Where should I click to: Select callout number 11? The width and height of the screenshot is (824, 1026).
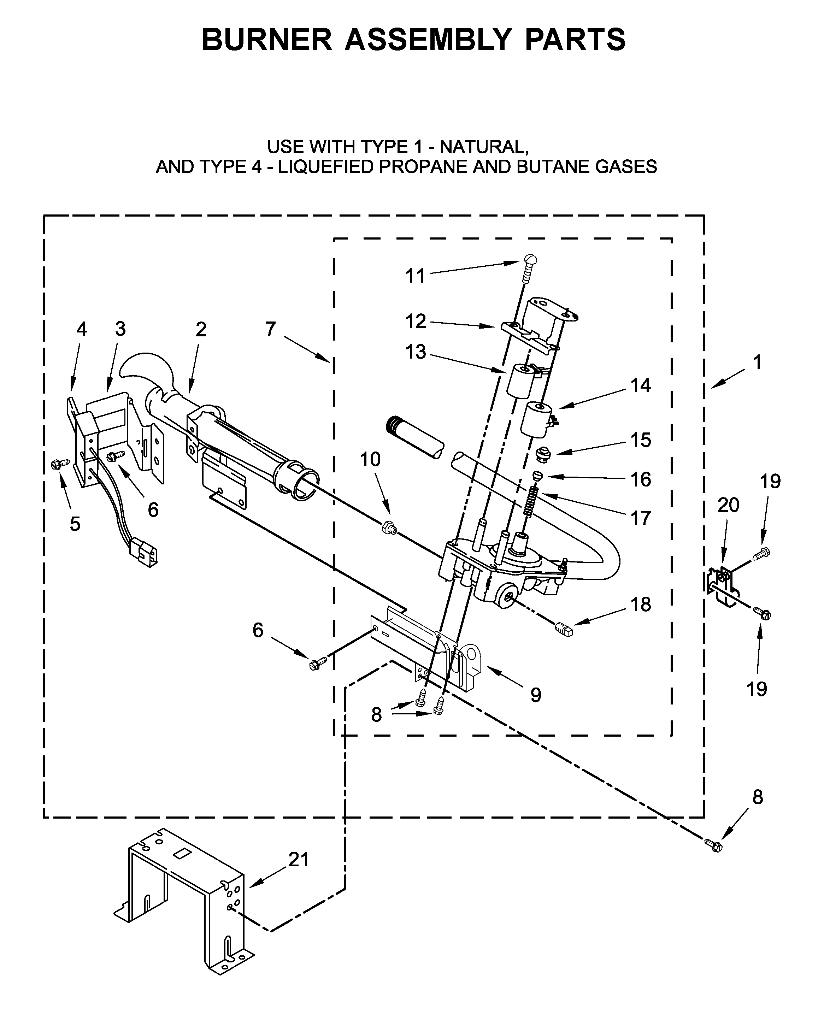[414, 276]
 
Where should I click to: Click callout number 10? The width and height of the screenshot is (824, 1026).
[370, 459]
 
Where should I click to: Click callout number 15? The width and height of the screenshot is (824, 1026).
[641, 440]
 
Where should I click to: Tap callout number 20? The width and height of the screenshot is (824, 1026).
[728, 505]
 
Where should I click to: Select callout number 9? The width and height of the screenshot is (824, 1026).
[536, 695]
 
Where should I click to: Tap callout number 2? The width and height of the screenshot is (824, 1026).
[201, 329]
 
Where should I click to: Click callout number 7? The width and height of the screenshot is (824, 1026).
[270, 329]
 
